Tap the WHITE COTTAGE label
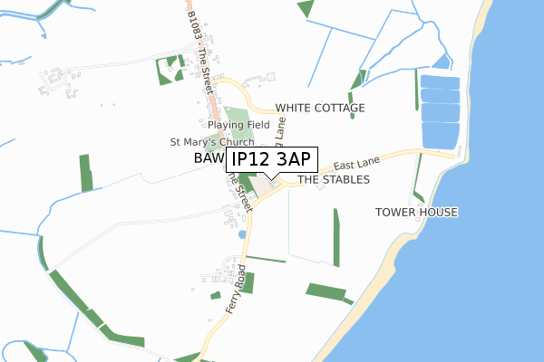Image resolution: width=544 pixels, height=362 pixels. click(x=320, y=108)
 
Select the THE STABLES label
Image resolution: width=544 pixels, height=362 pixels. click(x=334, y=180)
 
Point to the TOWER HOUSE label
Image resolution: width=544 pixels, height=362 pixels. click(x=417, y=212)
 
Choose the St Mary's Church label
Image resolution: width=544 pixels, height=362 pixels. click(x=212, y=142)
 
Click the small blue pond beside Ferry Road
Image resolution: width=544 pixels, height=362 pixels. click(x=241, y=234)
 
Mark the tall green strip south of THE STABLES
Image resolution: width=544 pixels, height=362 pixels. click(x=335, y=237)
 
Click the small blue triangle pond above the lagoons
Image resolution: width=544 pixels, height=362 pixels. click(x=442, y=62)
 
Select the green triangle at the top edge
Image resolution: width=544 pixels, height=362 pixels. click(x=305, y=7)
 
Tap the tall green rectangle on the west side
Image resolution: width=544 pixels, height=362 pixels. click(x=86, y=172)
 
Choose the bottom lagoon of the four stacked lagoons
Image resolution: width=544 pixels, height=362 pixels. click(x=441, y=137)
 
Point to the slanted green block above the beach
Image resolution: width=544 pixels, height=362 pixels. click(x=325, y=291)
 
